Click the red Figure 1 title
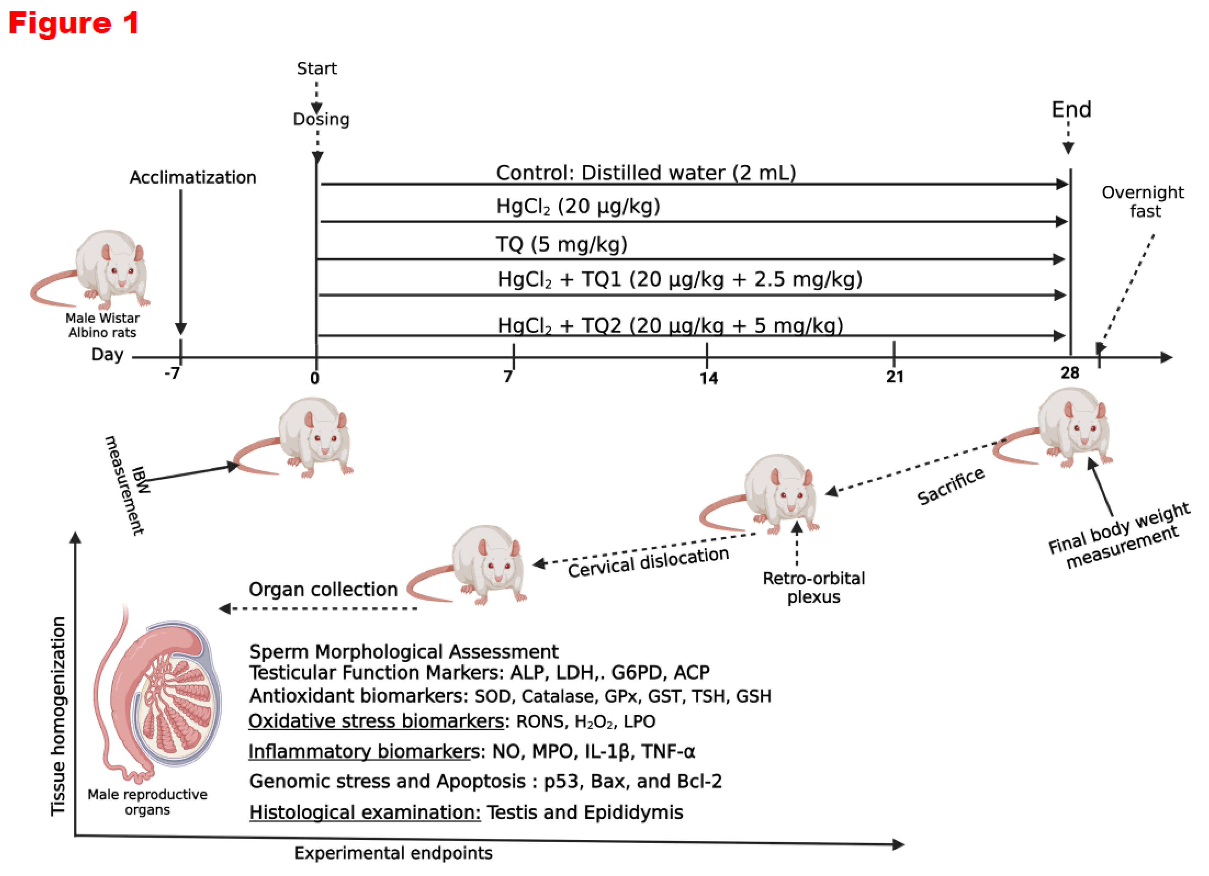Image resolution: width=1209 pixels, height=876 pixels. coord(74,23)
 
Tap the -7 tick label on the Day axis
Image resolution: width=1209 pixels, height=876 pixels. coord(172,374)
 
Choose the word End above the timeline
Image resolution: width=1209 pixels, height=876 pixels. coord(1071,110)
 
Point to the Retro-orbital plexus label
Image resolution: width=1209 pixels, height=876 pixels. coord(813,588)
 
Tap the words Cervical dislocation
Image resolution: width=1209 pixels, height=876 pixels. coord(648,562)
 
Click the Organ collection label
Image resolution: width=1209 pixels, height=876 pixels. coord(323,589)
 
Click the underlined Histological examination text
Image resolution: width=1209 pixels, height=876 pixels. coord(365,812)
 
